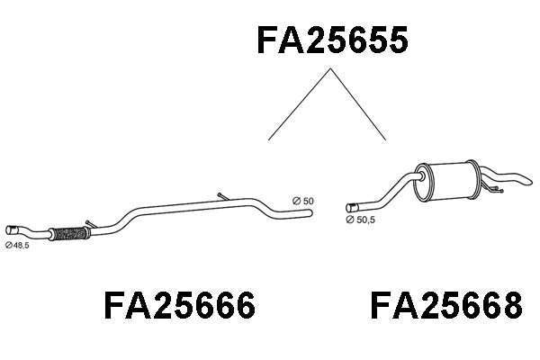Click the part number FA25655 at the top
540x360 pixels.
pos(333,40)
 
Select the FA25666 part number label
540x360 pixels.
pos(180,307)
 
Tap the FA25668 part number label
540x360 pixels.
pos(445,307)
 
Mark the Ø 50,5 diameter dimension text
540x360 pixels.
pos(363,217)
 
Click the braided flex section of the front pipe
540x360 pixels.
pos(66,234)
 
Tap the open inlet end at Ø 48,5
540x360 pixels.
pos(12,229)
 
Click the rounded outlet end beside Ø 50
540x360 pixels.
pos(308,213)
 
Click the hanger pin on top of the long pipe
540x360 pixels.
pos(222,197)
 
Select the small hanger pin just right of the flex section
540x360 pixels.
pos(87,224)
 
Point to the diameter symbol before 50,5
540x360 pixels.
pos(350,217)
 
